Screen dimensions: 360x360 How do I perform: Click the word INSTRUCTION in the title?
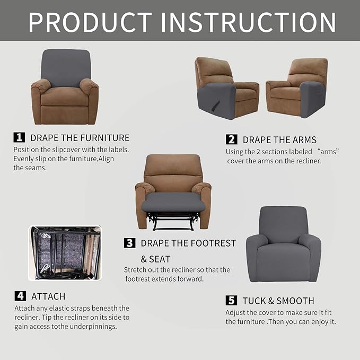pyautogui.click(x=248, y=22)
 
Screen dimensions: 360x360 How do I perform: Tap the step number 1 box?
pyautogui.click(x=19, y=137)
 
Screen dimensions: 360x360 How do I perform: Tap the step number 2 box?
pyautogui.click(x=231, y=139)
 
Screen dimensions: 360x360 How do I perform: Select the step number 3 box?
pyautogui.click(x=129, y=243)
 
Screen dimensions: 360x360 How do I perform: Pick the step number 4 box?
pyautogui.click(x=20, y=296)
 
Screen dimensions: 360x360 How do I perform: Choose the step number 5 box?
pyautogui.click(x=231, y=301)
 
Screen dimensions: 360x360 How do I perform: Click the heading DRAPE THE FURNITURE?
pyautogui.click(x=80, y=138)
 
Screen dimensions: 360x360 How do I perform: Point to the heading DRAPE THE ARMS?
pyautogui.click(x=279, y=140)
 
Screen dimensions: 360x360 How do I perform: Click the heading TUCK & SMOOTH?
pyautogui.click(x=278, y=301)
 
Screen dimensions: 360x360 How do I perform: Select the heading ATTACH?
pyautogui.click(x=48, y=296)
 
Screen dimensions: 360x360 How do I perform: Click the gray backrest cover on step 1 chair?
pyautogui.click(x=65, y=67)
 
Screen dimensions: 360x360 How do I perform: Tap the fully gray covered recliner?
pyautogui.click(x=283, y=244)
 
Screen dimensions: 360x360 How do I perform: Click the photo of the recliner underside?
pyautogui.click(x=64, y=253)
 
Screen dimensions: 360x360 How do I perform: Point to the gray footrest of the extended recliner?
pyautogui.click(x=173, y=202)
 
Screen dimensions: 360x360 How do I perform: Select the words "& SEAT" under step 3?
pyautogui.click(x=155, y=259)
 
